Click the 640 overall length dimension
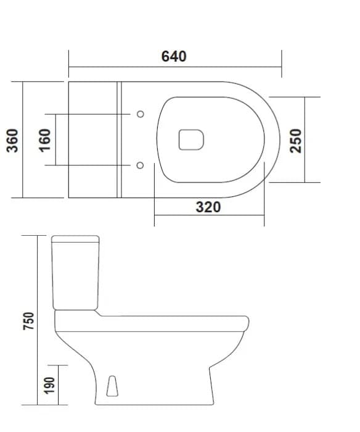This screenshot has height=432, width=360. pyautogui.click(x=174, y=56)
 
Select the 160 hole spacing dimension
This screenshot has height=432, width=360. pyautogui.click(x=44, y=140)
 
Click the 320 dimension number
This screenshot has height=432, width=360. pyautogui.click(x=208, y=207)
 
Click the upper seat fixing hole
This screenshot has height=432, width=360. pyautogui.click(x=140, y=114)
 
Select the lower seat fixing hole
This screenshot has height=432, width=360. pyautogui.click(x=140, y=165)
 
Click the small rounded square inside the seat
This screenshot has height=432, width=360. pyautogui.click(x=191, y=140)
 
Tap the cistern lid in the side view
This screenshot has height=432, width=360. pyautogui.click(x=76, y=239)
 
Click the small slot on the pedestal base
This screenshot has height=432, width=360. pyautogui.click(x=112, y=386)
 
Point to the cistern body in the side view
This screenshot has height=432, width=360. pyautogui.click(x=76, y=275)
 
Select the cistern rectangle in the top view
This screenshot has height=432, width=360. pyautogui.click(x=92, y=140)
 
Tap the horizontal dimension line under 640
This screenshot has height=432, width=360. pyautogui.click(x=174, y=67)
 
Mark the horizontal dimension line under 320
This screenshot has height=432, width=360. pyautogui.click(x=208, y=216)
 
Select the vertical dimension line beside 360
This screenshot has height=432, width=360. pyautogui.click(x=23, y=140)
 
